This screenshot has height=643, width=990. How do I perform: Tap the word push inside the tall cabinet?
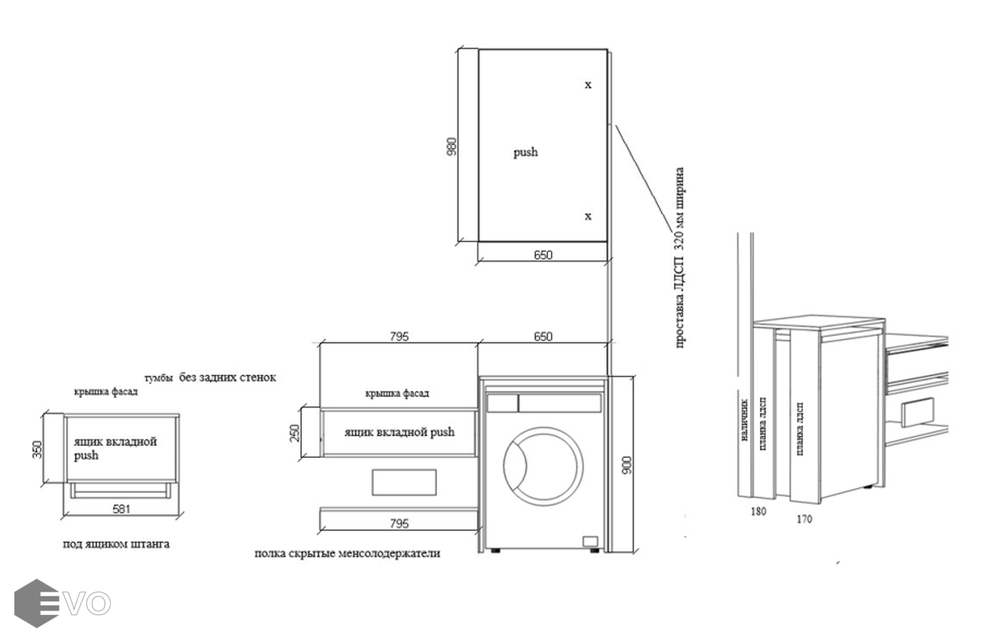pyautogui.click(x=525, y=152)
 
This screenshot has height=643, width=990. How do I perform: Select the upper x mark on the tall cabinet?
pyautogui.click(x=588, y=85)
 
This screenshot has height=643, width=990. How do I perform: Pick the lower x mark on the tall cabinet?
pyautogui.click(x=588, y=216)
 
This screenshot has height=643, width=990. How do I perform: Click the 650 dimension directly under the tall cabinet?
pyautogui.click(x=543, y=255)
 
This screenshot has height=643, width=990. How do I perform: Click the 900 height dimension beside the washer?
pyautogui.click(x=626, y=466)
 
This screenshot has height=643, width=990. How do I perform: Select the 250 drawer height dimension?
pyautogui.click(x=295, y=433)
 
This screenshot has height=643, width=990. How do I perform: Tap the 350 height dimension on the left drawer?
pyautogui.click(x=38, y=449)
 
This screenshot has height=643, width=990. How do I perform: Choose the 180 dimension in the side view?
pyautogui.click(x=758, y=512)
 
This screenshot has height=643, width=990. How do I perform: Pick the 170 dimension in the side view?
pyautogui.click(x=804, y=519)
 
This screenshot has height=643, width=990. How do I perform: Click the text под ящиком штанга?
pyautogui.click(x=116, y=544)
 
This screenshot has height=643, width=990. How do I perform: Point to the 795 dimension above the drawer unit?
pyautogui.click(x=399, y=337)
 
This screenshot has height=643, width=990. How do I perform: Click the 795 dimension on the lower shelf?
pyautogui.click(x=399, y=524)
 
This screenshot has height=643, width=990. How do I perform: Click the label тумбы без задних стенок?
pyautogui.click(x=209, y=377)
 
